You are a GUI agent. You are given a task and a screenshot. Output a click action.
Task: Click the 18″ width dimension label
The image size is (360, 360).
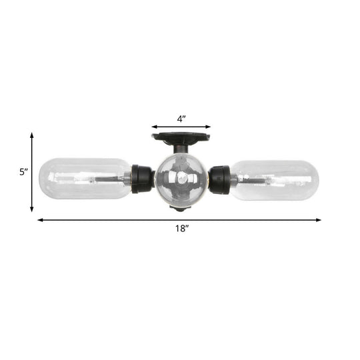click(x=181, y=229)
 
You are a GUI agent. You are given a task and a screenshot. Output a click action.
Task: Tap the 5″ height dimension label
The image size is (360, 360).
click(x=23, y=171)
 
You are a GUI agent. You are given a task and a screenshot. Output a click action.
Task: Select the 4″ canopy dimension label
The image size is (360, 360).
click(x=181, y=118)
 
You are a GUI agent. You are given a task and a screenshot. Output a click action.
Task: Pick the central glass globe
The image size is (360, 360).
click(x=181, y=179)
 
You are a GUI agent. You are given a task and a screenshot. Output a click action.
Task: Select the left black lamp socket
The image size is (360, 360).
click(x=142, y=179)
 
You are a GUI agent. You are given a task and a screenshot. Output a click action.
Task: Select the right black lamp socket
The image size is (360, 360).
click(x=219, y=178)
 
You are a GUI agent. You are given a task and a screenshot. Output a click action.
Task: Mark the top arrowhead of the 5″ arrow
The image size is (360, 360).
click(x=32, y=135)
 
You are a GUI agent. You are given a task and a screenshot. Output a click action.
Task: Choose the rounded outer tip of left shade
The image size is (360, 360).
click(x=43, y=179)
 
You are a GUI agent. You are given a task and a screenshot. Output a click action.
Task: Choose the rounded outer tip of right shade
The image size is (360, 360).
click(x=317, y=179)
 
